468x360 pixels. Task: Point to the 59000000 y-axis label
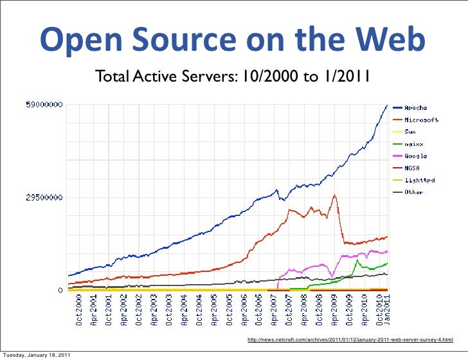(44, 104)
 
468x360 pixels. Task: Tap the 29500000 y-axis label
(44, 198)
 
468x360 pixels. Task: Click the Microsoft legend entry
(420, 120)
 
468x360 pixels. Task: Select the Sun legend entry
(410, 132)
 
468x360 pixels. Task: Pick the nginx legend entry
(413, 144)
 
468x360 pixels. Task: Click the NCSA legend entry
(412, 168)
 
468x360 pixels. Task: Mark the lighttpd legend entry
(419, 180)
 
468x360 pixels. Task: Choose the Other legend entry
(413, 192)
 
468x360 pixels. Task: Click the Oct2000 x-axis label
(79, 312)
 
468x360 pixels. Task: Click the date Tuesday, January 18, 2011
(36, 355)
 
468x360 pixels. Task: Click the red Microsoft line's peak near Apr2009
(334, 195)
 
